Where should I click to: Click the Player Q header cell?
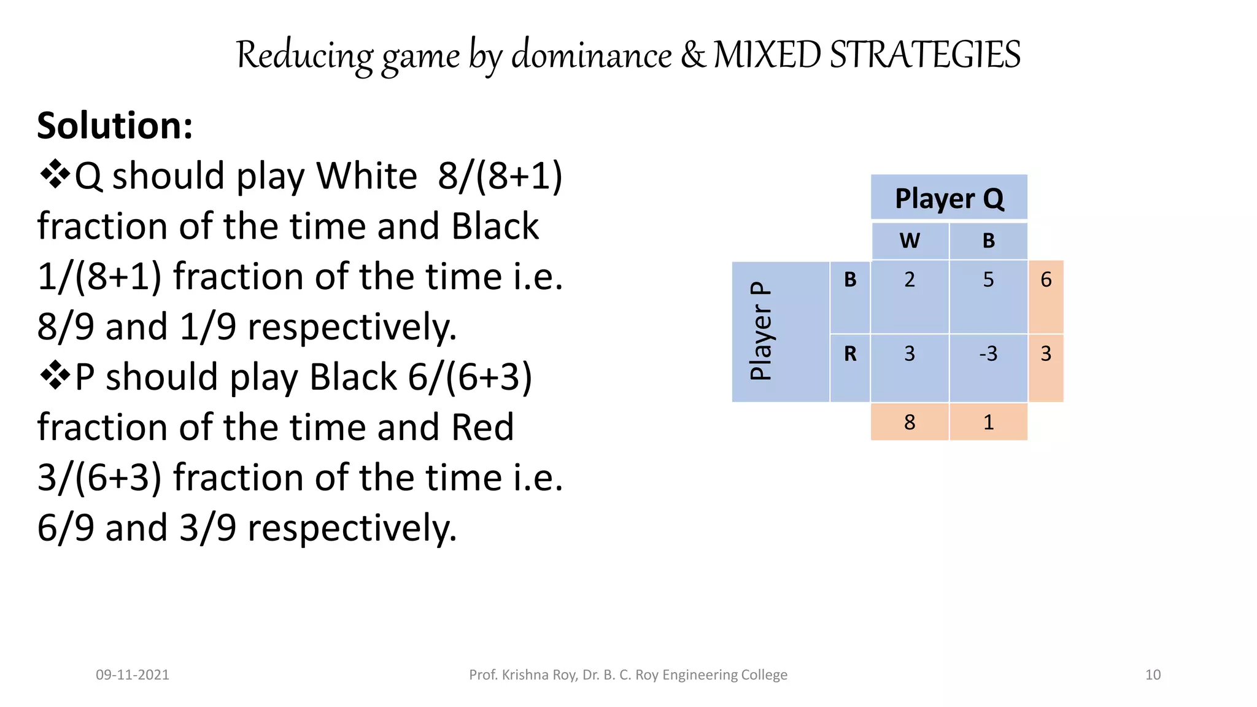coord(949,198)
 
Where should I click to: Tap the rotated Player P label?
coord(761,331)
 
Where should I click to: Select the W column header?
coord(910,241)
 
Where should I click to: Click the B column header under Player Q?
coord(988,241)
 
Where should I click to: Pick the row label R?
coord(850,354)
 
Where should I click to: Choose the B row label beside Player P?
coord(850,280)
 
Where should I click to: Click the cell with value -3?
coord(988,354)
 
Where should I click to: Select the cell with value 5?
coord(988,280)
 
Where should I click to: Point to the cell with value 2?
coord(910,280)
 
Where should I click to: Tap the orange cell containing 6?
coord(1046,280)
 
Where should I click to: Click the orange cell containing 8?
coord(910,422)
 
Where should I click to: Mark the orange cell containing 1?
coord(988,422)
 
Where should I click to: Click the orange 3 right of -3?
coord(1046,354)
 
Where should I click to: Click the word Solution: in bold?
coord(115,126)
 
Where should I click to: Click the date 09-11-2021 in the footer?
coord(133,674)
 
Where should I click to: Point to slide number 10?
coord(1153,674)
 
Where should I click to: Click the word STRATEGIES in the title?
coord(925,55)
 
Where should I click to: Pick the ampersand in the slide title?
coord(692,55)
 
